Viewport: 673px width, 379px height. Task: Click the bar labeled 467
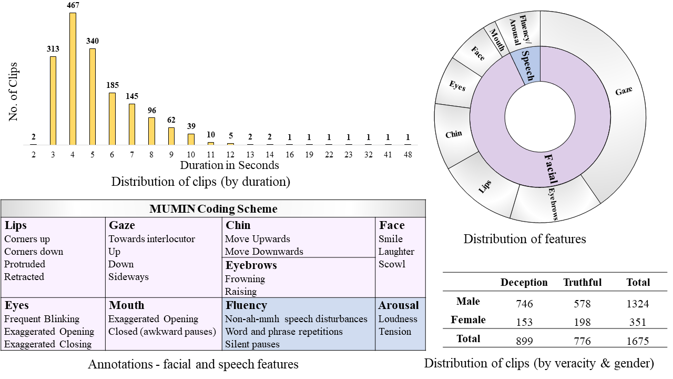coord(73,79)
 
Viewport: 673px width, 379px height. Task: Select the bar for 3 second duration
coord(53,100)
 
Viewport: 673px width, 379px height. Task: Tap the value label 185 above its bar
coord(112,85)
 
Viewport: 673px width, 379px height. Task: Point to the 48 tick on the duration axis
coord(407,155)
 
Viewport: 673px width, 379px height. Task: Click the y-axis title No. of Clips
coord(14,92)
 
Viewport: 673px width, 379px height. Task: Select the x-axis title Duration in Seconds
coord(229,165)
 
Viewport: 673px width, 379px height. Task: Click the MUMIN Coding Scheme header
coord(213,208)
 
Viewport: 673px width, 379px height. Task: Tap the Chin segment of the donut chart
coord(453,134)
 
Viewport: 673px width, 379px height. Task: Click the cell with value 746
coord(524,304)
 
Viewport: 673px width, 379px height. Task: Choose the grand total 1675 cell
coord(638,341)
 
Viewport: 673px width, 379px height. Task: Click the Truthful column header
coord(582,283)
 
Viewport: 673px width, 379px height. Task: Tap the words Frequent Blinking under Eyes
coord(42,319)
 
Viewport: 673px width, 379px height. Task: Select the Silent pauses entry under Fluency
coord(252,344)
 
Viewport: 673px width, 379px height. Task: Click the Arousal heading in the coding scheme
coord(399,305)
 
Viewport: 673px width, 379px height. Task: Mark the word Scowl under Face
coord(392,264)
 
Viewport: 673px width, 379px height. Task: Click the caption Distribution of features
coord(524,239)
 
